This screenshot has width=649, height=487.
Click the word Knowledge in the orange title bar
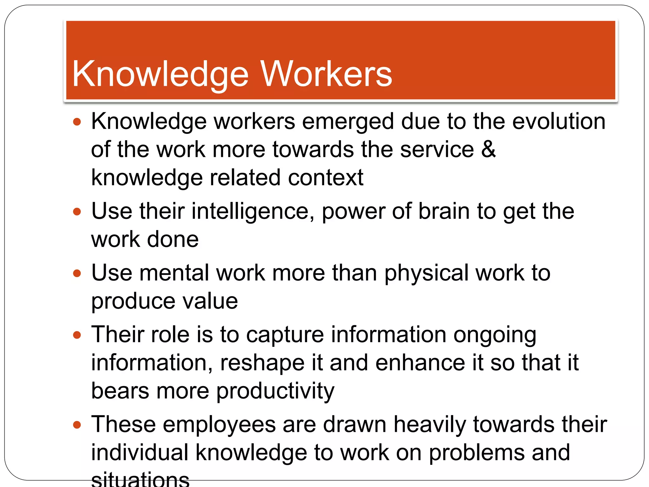click(x=160, y=75)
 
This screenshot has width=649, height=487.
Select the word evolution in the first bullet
click(x=559, y=121)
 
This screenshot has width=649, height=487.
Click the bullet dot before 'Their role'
click(x=77, y=335)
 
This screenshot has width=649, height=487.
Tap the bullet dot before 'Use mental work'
click(x=77, y=273)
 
